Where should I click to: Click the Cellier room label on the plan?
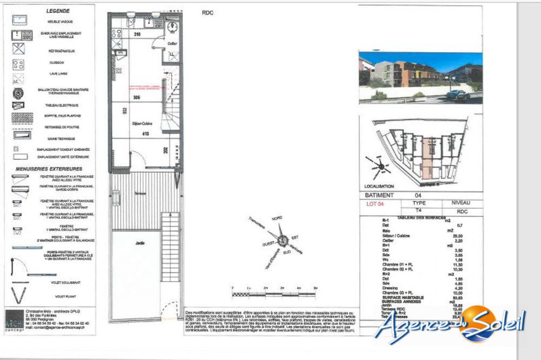(173, 43)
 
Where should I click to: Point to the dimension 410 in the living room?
(145, 134)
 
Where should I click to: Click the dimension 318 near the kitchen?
(137, 34)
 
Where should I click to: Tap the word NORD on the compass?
(277, 217)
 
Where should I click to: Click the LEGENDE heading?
(57, 10)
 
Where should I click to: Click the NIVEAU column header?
(457, 203)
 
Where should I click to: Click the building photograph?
(420, 77)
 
